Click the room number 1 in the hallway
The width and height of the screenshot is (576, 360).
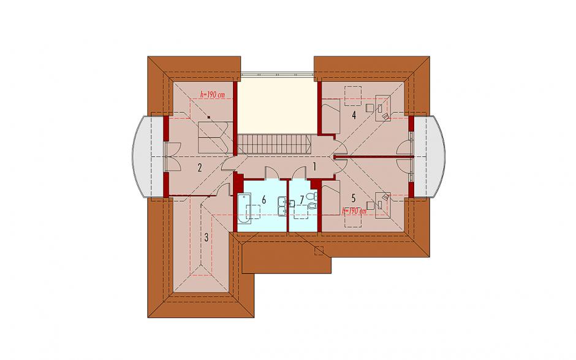(x=314, y=167)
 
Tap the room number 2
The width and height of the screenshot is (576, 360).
(x=200, y=169)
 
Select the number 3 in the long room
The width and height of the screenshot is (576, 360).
(x=207, y=237)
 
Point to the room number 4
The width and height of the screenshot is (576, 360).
(x=354, y=115)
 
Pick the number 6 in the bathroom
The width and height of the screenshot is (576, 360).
(x=263, y=200)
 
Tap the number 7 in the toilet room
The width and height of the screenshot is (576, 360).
(x=302, y=200)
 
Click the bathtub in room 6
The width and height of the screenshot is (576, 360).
(x=244, y=209)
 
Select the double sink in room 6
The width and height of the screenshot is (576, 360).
(x=282, y=205)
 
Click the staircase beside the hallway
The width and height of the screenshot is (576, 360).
(x=275, y=144)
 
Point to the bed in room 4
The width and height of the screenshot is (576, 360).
(x=331, y=116)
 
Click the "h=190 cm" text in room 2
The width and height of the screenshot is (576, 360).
(x=213, y=94)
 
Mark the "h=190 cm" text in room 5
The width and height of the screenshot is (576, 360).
(x=354, y=212)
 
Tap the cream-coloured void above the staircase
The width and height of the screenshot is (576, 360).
(x=278, y=105)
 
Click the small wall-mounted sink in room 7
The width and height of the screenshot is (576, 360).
(x=292, y=204)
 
